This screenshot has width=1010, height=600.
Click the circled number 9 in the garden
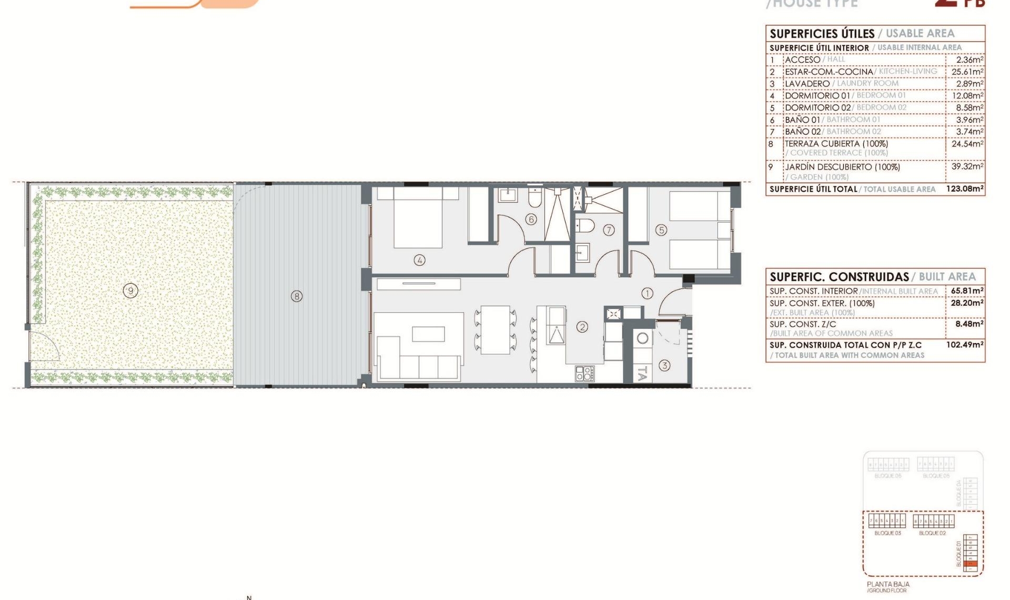[x=130, y=290]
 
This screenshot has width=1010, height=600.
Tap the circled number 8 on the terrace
[x=297, y=296]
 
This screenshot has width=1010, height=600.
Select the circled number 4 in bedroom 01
[x=419, y=260]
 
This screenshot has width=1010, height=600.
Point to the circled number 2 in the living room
[x=582, y=327]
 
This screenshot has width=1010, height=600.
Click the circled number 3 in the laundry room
[x=664, y=365]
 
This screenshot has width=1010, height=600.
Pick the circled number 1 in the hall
[x=647, y=293]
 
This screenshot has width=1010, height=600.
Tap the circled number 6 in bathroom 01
[x=531, y=219]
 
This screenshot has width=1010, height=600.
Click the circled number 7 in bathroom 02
[x=609, y=230]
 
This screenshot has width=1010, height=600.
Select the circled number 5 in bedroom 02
[x=661, y=230]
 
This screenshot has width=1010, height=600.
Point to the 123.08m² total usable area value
[x=964, y=188]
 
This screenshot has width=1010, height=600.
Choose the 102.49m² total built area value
[x=964, y=345]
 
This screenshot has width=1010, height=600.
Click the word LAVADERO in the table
[x=807, y=84]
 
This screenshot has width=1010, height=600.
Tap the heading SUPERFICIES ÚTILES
[x=822, y=34]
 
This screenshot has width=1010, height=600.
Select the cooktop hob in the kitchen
[x=584, y=373]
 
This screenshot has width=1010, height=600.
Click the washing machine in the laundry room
[x=642, y=338]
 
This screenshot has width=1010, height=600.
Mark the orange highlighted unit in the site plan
[x=971, y=564]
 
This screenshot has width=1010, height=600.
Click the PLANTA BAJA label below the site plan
[x=888, y=584]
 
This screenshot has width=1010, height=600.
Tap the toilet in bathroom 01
[x=534, y=198]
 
